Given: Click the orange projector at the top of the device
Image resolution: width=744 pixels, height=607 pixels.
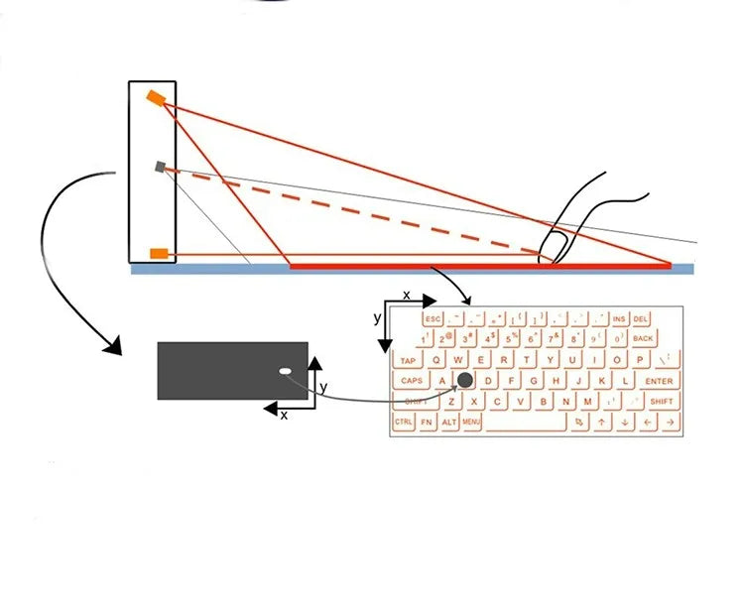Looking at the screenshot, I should (156, 97).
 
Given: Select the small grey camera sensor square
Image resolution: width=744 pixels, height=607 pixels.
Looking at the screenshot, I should (160, 167).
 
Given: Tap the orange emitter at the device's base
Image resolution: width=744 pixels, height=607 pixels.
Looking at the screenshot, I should (159, 254).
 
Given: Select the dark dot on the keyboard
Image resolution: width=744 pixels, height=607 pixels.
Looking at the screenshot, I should (465, 380).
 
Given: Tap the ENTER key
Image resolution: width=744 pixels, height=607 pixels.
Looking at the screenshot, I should (659, 381).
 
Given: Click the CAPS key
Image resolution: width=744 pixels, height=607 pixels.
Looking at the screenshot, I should (411, 381).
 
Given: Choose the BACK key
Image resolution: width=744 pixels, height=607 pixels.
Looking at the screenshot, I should (643, 339).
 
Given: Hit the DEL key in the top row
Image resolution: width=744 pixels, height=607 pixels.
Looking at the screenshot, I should (641, 318).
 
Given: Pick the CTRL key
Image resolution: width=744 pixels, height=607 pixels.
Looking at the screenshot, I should (404, 423).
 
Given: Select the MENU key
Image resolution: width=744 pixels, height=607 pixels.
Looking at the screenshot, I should (471, 423).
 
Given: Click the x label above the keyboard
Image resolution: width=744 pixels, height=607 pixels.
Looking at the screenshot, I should (406, 296).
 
